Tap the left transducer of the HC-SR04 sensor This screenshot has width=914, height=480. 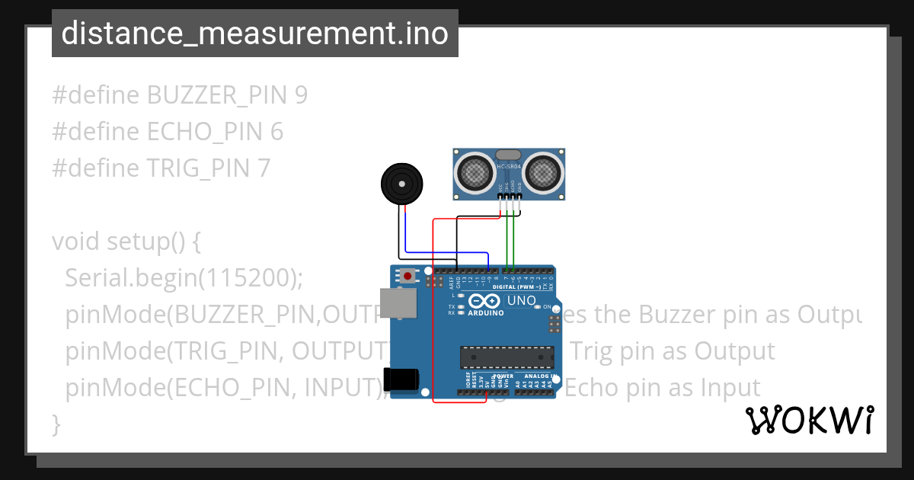tap(474, 171)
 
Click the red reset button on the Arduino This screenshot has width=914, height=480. tap(408, 276)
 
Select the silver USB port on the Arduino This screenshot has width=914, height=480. tap(399, 302)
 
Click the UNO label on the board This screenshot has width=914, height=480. tap(522, 300)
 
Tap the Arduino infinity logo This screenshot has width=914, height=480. tap(485, 300)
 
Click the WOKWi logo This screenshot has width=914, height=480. tap(809, 421)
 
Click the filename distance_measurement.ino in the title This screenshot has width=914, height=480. tap(254, 33)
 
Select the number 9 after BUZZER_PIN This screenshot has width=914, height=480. tap(301, 95)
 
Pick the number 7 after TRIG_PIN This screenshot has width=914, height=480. tap(263, 168)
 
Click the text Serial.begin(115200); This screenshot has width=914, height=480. tap(184, 278)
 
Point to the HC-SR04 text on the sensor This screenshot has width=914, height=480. tap(508, 167)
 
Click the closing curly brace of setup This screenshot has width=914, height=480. tap(56, 424)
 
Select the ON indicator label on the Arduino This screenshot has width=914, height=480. tap(547, 306)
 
